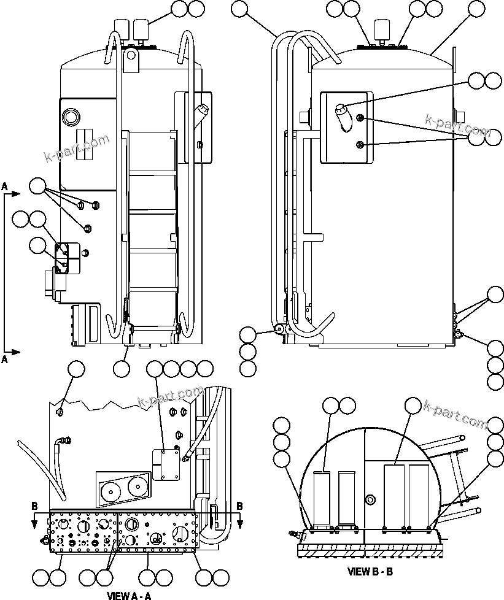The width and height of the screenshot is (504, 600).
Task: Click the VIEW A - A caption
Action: click(129, 595)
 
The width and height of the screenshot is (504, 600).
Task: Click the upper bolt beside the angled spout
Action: click(362, 118)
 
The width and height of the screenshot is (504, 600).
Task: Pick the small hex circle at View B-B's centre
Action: click(370, 501)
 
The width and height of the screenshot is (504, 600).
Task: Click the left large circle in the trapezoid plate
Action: click(111, 491)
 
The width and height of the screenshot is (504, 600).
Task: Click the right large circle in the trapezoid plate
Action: click(138, 489)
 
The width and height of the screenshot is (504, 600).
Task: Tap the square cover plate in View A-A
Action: click(166, 464)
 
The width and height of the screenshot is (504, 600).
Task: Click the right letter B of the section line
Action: click(239, 506)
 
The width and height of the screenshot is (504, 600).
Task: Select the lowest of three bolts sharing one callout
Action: click(87, 229)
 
